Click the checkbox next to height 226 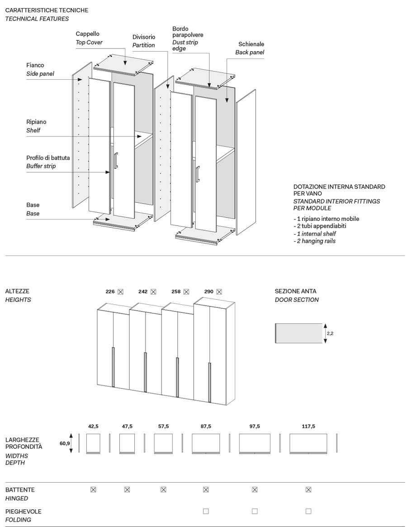tap(121, 292)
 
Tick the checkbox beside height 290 tap(219, 292)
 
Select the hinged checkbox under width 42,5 tap(93, 489)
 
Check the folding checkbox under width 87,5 tap(206, 511)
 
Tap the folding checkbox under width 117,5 tap(308, 511)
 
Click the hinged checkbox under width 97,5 tap(255, 489)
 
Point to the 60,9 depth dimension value tap(65, 444)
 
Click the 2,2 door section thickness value tap(330, 333)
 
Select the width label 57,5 tap(163, 426)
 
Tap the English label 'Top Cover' tap(89, 43)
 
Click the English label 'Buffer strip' tap(41, 166)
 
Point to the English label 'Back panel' tap(250, 53)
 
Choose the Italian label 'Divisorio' tap(144, 37)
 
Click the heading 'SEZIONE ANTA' tap(296, 292)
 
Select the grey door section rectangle tap(299, 333)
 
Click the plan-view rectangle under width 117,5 tap(308, 443)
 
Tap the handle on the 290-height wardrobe tap(210, 382)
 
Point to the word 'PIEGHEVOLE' tap(24, 512)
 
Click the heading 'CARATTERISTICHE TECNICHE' tap(47, 10)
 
